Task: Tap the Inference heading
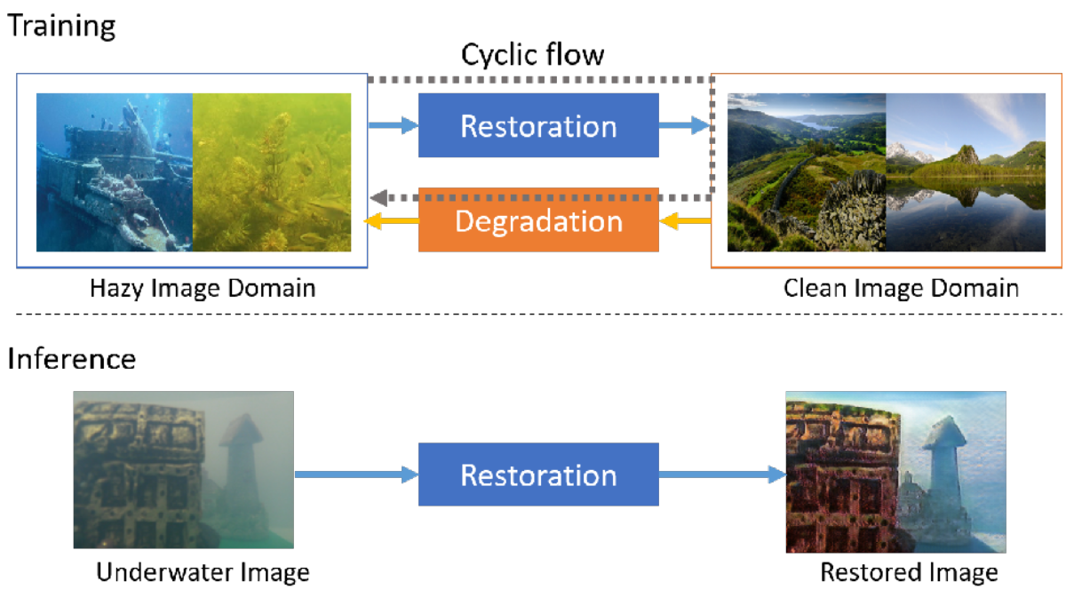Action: tap(72, 359)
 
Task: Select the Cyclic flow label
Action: tap(532, 55)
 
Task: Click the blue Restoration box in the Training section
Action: tap(538, 125)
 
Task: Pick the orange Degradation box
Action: tap(538, 220)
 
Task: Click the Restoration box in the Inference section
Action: tap(538, 474)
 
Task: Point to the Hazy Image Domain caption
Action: tap(203, 289)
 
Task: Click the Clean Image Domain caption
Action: tap(901, 289)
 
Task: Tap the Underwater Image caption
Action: tap(203, 572)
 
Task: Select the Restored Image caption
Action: tap(909, 572)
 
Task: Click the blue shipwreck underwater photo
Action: tap(115, 172)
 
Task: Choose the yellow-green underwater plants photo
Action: tap(272, 172)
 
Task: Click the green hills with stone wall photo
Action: tap(807, 172)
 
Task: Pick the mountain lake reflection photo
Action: tap(966, 172)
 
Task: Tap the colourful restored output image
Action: tap(895, 472)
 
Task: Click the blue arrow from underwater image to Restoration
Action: tap(355, 475)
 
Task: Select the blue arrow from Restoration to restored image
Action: tap(722, 475)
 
